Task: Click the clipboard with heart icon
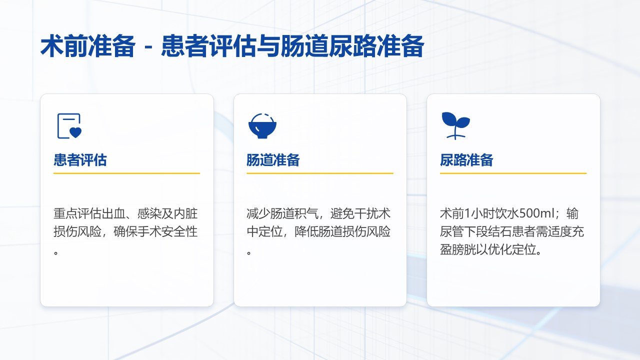tap(69, 126)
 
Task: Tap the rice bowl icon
tap(262, 126)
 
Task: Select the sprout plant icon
tap(455, 125)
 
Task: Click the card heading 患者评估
tap(80, 159)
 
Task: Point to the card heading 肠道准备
tap(273, 159)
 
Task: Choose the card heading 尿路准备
tap(466, 159)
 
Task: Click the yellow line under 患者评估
tap(126, 173)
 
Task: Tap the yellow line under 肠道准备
tap(320, 173)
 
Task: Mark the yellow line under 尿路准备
tap(513, 173)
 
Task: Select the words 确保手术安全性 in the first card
tap(155, 231)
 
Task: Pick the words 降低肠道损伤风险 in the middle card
tap(342, 231)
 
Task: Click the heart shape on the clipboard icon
tap(75, 132)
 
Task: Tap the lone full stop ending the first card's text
tap(56, 252)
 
